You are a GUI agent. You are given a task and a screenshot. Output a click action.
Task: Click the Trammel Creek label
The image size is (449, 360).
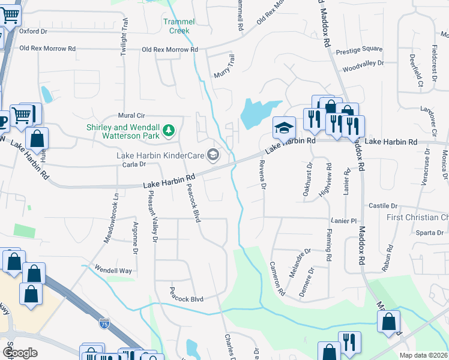[176, 26]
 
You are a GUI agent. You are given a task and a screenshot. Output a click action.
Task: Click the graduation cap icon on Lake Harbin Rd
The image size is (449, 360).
[284, 127]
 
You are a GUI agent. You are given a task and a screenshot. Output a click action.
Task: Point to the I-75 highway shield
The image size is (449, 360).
[104, 323]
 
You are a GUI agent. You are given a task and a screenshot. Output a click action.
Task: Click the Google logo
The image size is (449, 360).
[20, 353]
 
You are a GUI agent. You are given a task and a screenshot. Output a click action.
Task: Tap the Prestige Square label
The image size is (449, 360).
[359, 49]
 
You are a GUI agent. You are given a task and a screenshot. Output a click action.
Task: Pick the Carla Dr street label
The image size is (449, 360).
[134, 164]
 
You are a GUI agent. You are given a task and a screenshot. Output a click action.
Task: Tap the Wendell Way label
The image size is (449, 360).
[112, 271]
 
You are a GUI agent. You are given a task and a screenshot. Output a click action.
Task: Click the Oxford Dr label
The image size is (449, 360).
[33, 31]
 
